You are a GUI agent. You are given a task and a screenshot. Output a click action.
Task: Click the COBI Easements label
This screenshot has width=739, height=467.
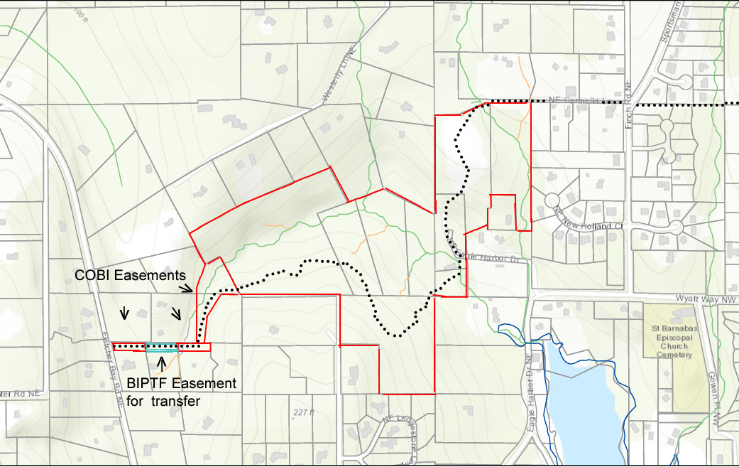131,275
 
